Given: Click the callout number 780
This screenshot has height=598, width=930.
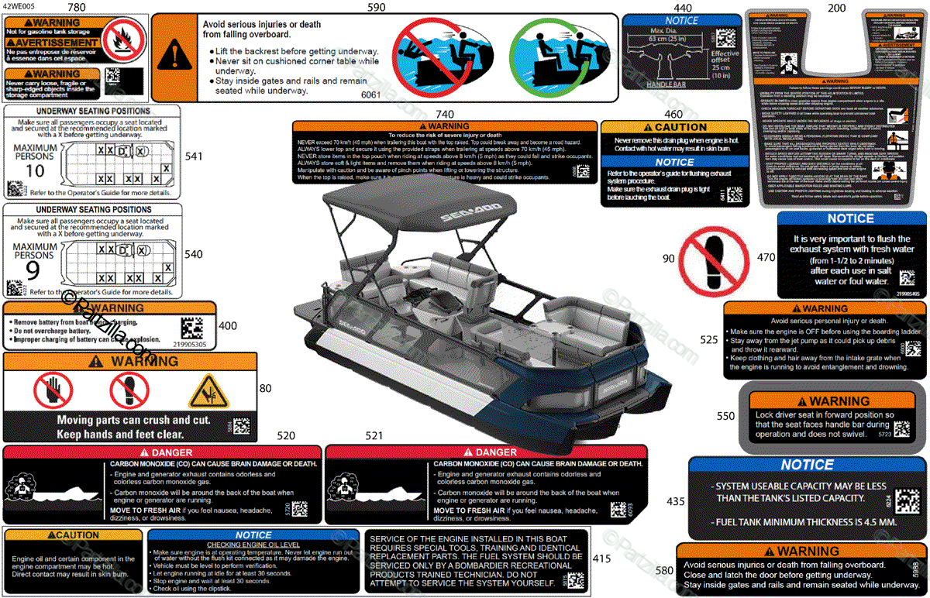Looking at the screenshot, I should coord(77,7).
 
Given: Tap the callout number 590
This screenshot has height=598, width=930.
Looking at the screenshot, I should coord(376,7).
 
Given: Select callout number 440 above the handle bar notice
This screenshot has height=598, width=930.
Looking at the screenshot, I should coord(683,8).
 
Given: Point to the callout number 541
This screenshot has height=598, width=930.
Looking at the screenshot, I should coord(194,156).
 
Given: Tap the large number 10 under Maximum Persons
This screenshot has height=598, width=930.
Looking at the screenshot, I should coord(35,170).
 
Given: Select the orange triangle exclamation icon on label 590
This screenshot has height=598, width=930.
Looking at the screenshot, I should coord(176,57).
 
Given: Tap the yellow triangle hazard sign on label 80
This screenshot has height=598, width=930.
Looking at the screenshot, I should coord(209,392).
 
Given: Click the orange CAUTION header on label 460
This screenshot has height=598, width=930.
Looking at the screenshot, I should coord(674,127).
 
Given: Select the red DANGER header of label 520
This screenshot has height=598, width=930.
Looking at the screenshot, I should coord(162,452).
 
